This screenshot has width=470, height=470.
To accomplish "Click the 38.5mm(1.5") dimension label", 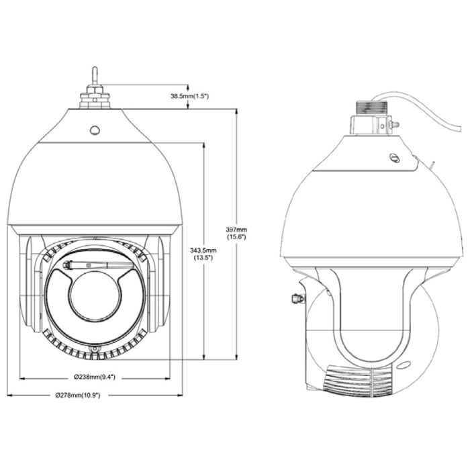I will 189,97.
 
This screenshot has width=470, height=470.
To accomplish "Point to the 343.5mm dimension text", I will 203,250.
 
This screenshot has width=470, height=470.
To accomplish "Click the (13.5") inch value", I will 203,258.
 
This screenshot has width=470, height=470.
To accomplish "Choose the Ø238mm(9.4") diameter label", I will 94,377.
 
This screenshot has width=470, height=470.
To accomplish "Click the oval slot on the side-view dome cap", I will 395,158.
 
